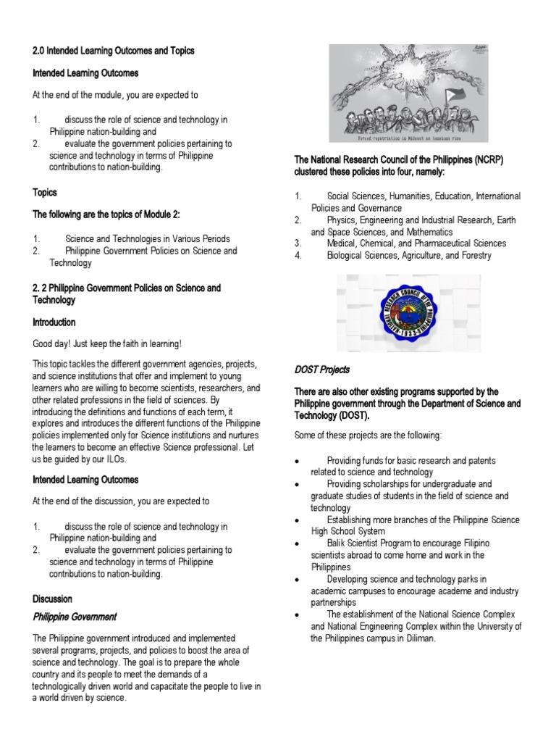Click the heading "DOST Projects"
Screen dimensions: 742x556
[x=321, y=370]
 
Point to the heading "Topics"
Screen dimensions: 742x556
[x=45, y=193]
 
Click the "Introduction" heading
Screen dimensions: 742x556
[x=54, y=322]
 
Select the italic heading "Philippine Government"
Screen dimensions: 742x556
[x=75, y=617]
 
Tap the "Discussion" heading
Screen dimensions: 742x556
[x=53, y=599]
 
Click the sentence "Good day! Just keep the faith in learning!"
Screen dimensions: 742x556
[x=106, y=344]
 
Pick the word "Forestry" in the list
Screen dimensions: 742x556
[x=473, y=256]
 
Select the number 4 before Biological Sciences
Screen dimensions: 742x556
[x=298, y=256]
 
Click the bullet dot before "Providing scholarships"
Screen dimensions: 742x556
[x=298, y=484]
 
